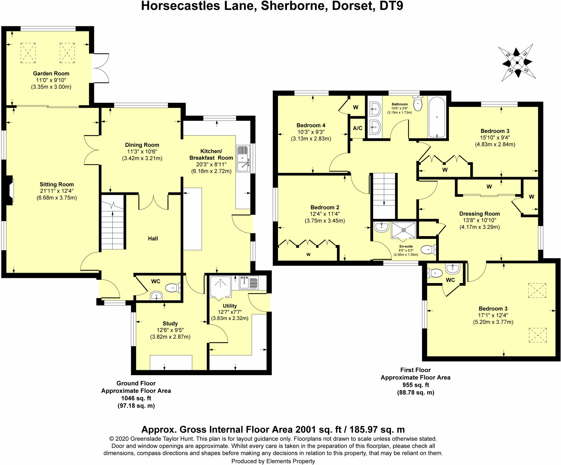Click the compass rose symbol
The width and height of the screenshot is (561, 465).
coord(517,63)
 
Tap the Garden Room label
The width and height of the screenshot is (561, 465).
coord(51,73)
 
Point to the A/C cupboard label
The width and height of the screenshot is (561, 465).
coord(357,128)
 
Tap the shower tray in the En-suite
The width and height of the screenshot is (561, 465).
coord(403,230)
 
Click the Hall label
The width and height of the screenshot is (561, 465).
coord(153,239)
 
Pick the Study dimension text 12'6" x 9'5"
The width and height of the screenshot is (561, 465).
coord(170,330)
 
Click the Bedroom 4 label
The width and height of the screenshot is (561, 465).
coord(311,125)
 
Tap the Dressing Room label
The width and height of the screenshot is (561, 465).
coord(480,214)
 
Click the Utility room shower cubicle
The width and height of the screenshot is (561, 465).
coord(220,287)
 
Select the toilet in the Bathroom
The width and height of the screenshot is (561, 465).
coord(417,103)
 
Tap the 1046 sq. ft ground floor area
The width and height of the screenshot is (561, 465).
coord(136,398)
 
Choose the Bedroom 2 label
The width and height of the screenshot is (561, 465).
coord(325,207)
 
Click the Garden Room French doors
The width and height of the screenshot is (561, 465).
coord(100,68)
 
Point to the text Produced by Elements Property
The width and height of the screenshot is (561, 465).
coord(273,461)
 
